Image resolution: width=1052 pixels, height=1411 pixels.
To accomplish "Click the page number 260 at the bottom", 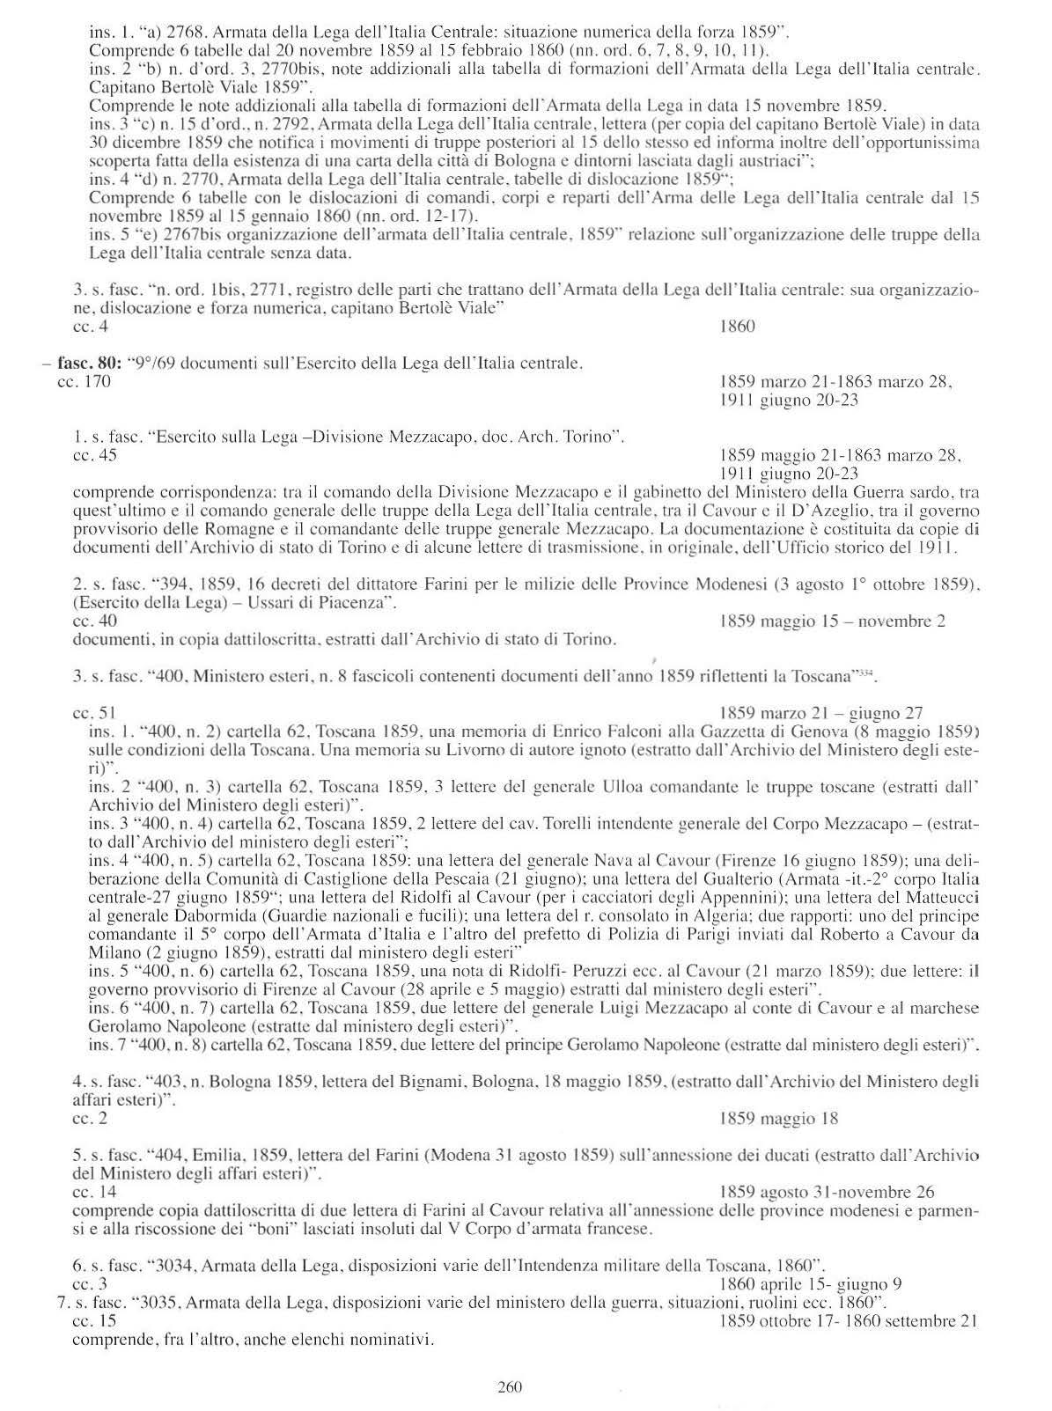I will (510, 1387).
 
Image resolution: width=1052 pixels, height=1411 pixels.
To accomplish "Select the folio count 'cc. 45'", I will (94, 456).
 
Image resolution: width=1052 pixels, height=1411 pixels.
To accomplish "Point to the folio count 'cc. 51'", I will (94, 713).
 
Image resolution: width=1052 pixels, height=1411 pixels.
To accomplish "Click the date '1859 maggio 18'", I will (779, 1120).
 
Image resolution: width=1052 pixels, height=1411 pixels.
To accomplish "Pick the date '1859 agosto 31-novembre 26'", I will (827, 1193).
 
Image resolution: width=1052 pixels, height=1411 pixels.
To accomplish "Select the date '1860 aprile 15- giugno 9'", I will (810, 1284).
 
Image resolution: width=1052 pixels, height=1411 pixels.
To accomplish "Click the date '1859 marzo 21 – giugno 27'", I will (820, 713).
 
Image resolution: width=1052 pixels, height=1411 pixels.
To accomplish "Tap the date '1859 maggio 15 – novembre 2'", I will (832, 621).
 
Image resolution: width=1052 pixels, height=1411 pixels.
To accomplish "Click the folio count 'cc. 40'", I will (94, 621).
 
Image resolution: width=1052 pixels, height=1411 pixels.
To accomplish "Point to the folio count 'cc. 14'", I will (94, 1193).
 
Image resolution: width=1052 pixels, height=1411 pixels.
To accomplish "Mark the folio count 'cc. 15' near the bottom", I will (94, 1321).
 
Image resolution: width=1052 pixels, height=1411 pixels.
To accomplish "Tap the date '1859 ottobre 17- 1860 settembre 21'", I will (849, 1321).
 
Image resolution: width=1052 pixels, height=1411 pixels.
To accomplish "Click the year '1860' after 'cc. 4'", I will (737, 327).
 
